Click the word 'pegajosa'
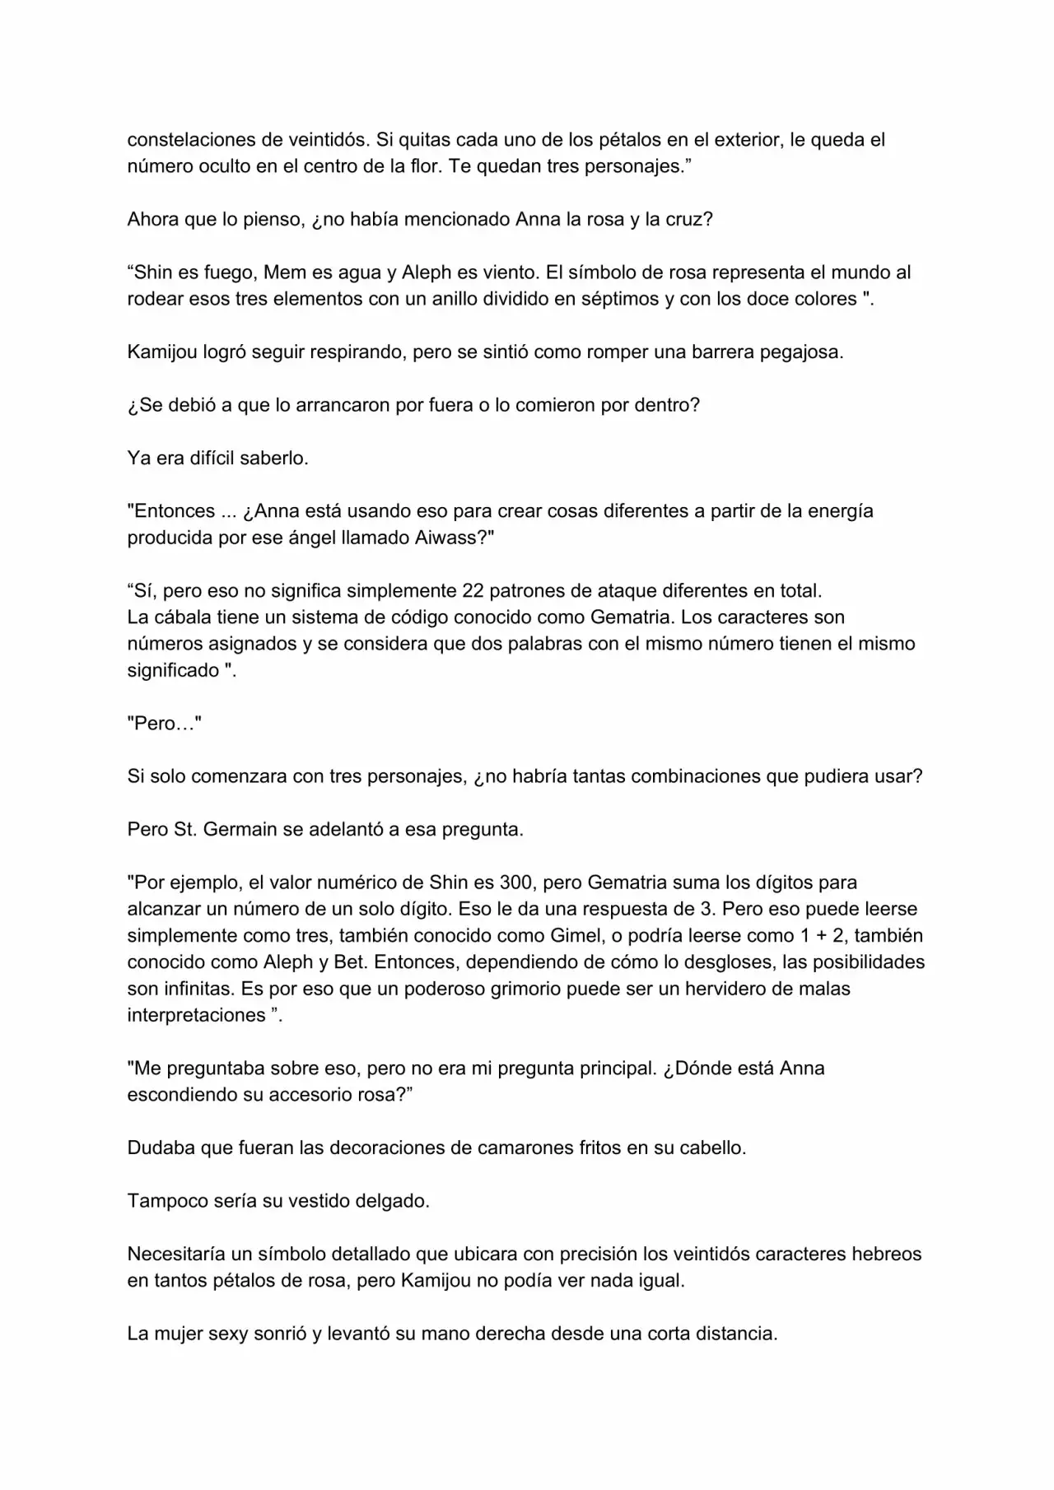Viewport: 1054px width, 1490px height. [800, 352]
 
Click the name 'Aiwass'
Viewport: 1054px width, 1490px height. [450, 538]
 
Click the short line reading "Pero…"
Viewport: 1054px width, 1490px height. [165, 724]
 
